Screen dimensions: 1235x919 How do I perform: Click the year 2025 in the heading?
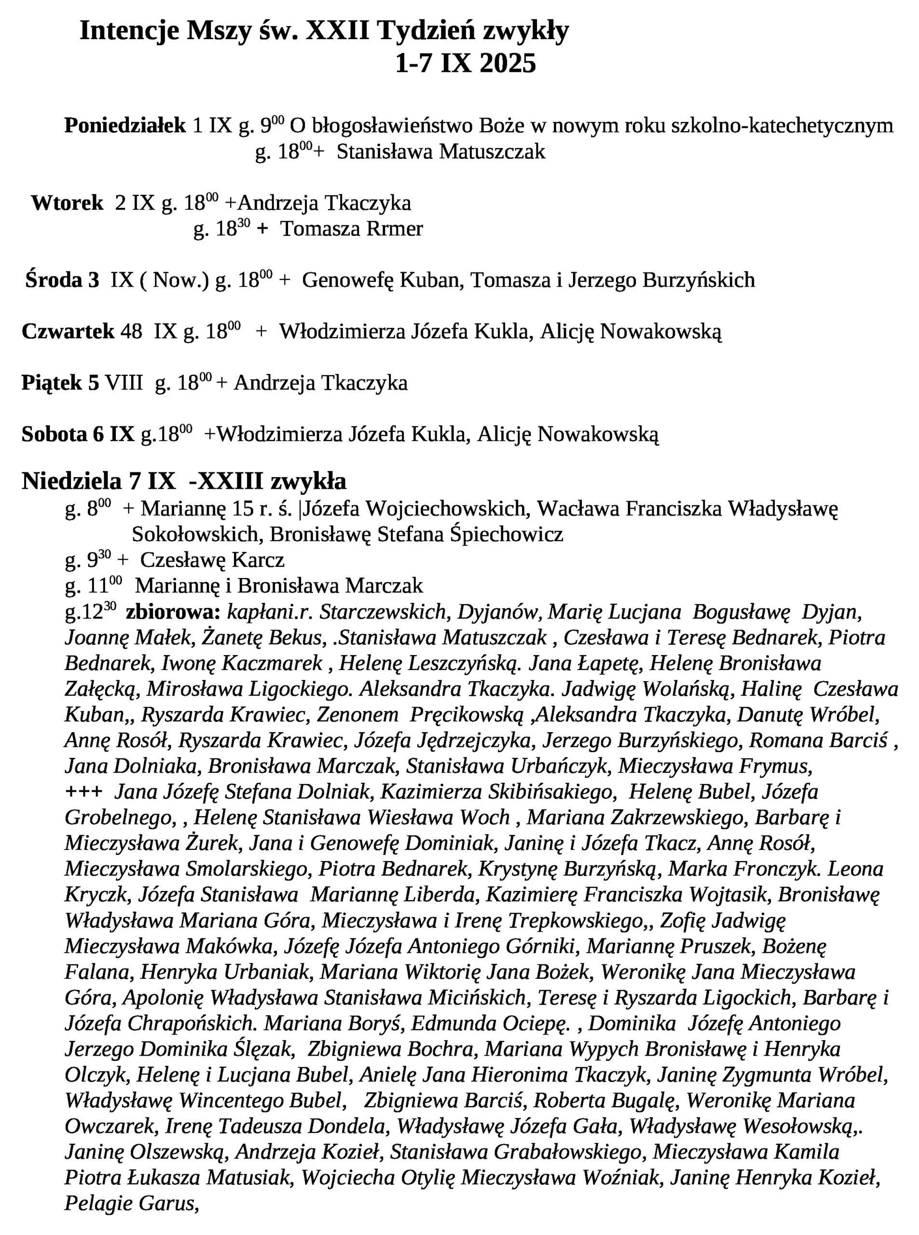point(507,64)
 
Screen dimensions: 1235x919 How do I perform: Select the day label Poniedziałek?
point(124,126)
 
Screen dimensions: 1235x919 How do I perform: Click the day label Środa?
point(54,280)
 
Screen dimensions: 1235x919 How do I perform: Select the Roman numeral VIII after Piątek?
point(124,383)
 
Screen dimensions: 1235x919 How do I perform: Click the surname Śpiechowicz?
point(506,535)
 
